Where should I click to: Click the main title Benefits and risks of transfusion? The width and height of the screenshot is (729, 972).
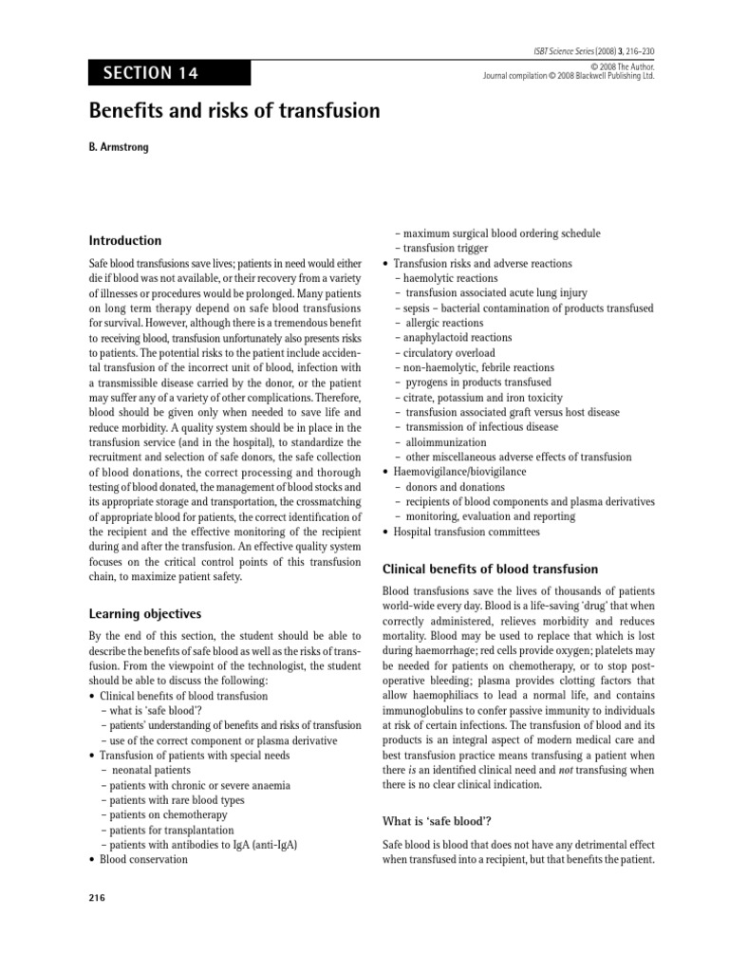coord(234,111)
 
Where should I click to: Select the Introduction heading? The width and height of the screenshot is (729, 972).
coord(125,240)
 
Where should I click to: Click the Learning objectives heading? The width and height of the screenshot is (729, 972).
coord(144,613)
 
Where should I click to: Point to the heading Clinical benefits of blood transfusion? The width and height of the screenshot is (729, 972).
coord(489,569)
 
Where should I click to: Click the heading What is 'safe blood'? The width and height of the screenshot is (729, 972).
coord(437,820)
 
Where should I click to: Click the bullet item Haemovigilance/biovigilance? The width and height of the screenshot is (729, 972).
coord(459,471)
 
